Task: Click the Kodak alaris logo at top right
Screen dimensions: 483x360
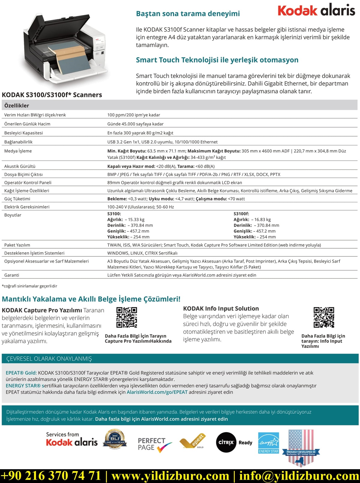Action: click(x=316, y=10)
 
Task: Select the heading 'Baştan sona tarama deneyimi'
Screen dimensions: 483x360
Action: click(x=188, y=14)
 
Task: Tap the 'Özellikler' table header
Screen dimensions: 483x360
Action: click(x=17, y=105)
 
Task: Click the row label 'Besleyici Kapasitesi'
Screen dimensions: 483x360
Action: click(x=23, y=133)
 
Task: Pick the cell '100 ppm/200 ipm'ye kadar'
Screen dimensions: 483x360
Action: click(x=133, y=115)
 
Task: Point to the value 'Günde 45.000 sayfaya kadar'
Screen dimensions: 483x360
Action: click(x=135, y=124)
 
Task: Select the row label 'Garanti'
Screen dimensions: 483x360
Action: click(x=12, y=275)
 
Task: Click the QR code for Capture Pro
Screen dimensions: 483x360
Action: click(x=127, y=317)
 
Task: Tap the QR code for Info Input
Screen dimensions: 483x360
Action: click(x=324, y=317)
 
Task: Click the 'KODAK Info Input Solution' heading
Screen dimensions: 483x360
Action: click(x=221, y=308)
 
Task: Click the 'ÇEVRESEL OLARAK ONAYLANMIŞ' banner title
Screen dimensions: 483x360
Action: click(x=49, y=359)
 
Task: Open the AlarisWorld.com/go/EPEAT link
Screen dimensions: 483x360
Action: click(x=157, y=392)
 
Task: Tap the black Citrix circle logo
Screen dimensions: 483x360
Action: click(x=226, y=442)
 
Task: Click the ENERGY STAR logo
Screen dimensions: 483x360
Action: click(x=268, y=443)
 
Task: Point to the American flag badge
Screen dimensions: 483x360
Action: click(x=301, y=447)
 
